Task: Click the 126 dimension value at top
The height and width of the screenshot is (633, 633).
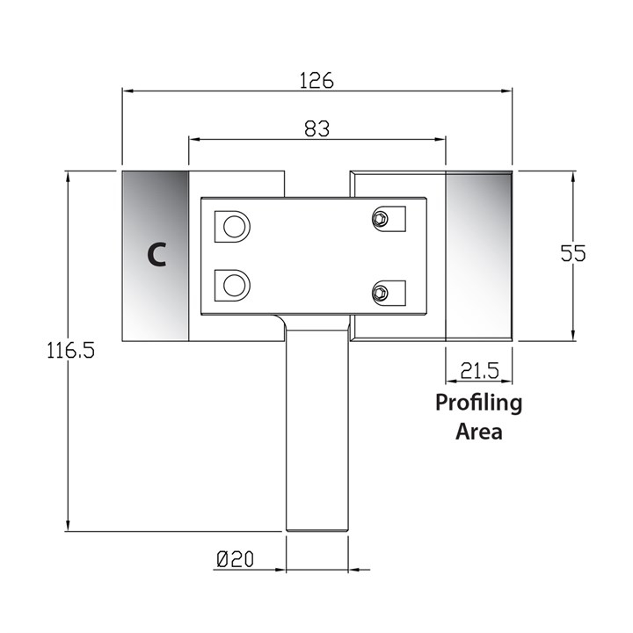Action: pyautogui.click(x=316, y=81)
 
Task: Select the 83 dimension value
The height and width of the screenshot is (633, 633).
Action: pyautogui.click(x=316, y=128)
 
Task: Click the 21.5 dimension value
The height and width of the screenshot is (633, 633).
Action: pyautogui.click(x=479, y=372)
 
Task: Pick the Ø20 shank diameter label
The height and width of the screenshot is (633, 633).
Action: pyautogui.click(x=235, y=558)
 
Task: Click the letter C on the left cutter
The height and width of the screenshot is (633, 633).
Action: pyautogui.click(x=156, y=255)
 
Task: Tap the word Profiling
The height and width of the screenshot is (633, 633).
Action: pyautogui.click(x=479, y=404)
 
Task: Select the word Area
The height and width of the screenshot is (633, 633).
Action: pyautogui.click(x=479, y=432)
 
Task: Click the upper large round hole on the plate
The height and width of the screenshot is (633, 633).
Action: pyautogui.click(x=234, y=226)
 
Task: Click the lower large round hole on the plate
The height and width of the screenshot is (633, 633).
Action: pyautogui.click(x=234, y=283)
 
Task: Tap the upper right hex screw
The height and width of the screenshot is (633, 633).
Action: pyautogui.click(x=381, y=217)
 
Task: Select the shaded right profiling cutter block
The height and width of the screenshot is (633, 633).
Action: pyautogui.click(x=479, y=255)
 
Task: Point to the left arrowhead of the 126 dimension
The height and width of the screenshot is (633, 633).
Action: pyautogui.click(x=126, y=90)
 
